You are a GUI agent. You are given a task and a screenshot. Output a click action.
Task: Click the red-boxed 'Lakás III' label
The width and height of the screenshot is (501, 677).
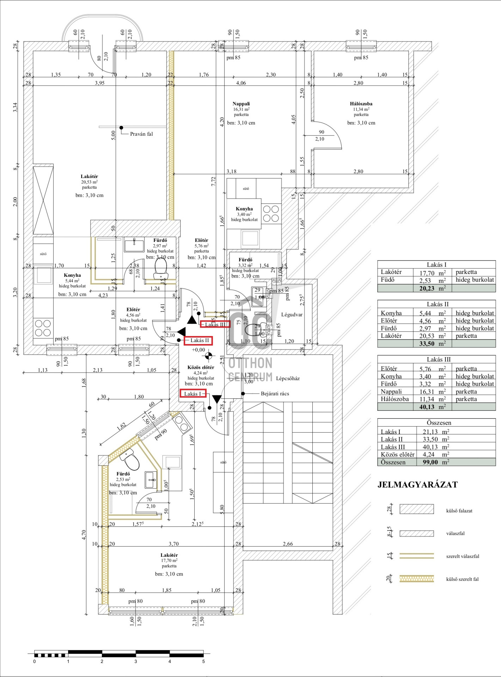(x=215, y=324)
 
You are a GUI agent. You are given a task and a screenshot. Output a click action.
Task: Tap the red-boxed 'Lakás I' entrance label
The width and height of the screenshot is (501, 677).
(x=193, y=394)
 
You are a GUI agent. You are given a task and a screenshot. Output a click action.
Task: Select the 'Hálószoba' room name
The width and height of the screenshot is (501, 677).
(x=361, y=104)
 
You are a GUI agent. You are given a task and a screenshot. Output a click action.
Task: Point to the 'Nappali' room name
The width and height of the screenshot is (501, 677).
(x=241, y=104)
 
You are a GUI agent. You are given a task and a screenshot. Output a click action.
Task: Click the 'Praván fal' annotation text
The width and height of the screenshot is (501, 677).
(x=141, y=134)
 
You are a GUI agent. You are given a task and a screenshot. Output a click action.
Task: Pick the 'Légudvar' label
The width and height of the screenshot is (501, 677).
(x=292, y=315)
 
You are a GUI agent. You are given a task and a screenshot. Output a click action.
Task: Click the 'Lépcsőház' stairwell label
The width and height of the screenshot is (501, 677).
(x=288, y=378)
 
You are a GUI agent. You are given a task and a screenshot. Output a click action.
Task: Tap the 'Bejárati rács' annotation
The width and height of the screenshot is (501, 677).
(x=275, y=394)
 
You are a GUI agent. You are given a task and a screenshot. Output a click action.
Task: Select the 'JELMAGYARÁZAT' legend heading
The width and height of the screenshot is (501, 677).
(x=417, y=484)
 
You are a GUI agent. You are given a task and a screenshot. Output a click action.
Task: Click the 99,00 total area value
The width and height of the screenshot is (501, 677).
(x=430, y=462)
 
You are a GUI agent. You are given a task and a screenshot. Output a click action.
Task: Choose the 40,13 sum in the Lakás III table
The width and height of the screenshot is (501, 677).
(x=427, y=407)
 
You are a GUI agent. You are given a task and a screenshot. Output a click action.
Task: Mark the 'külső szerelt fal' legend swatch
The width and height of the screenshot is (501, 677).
(x=416, y=579)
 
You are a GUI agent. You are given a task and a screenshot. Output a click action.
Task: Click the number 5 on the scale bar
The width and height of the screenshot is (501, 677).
(x=203, y=661)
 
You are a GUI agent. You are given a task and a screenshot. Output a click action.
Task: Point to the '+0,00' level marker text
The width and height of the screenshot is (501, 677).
(x=198, y=350)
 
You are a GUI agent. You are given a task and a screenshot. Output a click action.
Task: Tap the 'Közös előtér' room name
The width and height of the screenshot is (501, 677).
(x=201, y=367)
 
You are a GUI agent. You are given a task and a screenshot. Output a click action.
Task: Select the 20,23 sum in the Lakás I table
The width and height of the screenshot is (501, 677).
(x=427, y=288)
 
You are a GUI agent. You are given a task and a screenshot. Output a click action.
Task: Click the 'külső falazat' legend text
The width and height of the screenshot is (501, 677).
(x=459, y=511)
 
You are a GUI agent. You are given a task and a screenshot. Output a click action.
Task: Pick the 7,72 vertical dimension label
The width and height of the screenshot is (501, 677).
(x=213, y=181)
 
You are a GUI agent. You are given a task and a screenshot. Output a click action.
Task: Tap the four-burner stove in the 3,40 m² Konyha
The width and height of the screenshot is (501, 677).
(x=271, y=214)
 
